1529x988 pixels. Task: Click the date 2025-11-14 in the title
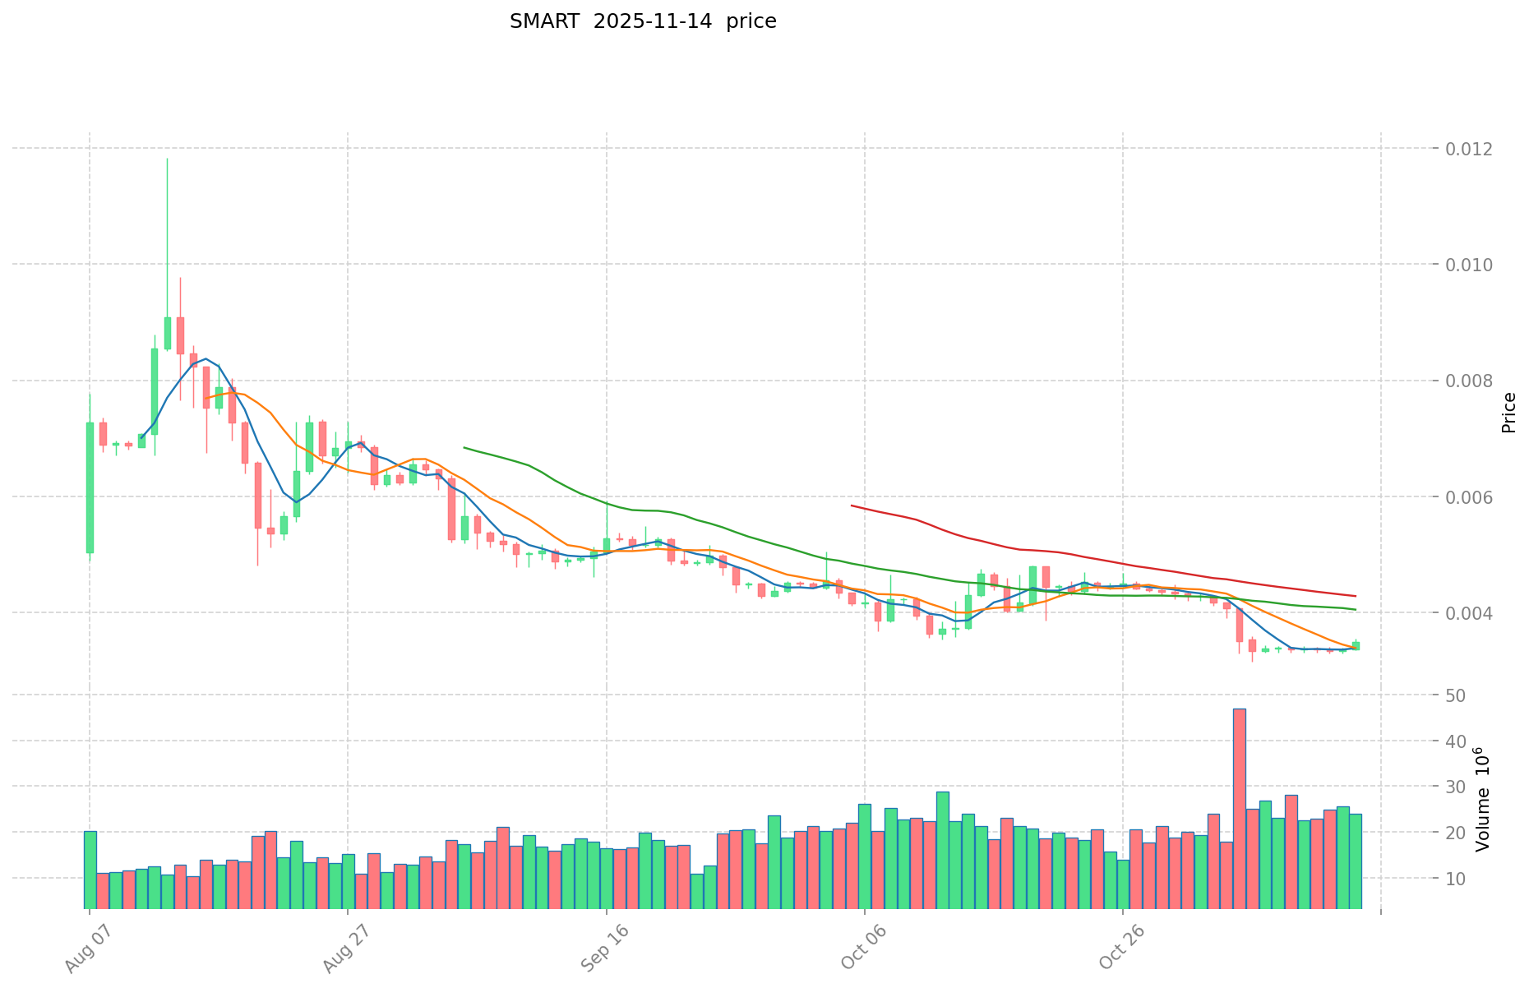649,21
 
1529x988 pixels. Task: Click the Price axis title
1508,413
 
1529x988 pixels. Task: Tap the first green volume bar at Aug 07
90,870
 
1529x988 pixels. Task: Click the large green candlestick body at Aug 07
90,487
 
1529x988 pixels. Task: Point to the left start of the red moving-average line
852,506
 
